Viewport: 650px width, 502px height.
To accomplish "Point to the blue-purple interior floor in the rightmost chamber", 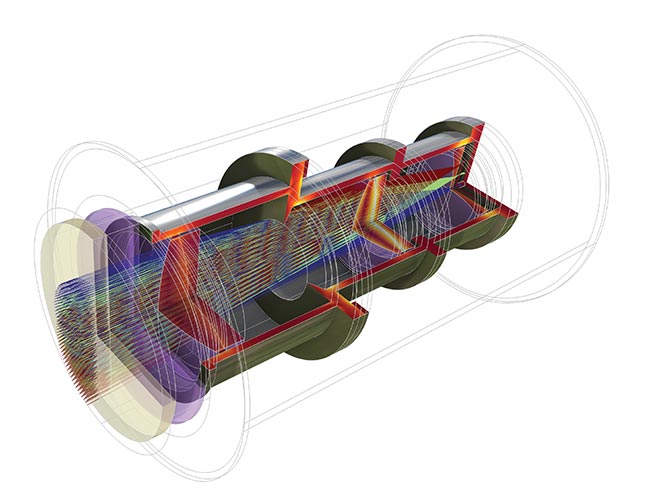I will pyautogui.click(x=430, y=215).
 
